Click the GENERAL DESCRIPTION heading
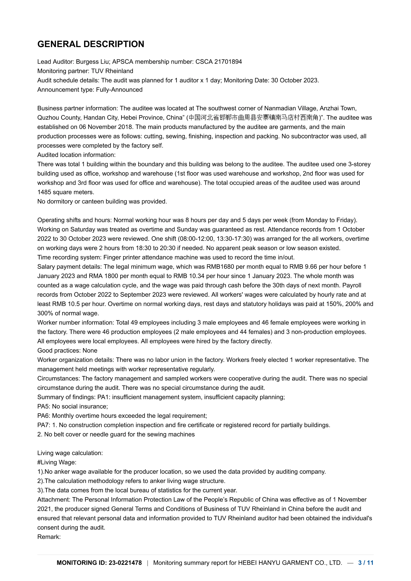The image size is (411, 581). (91, 44)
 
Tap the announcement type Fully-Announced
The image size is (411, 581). (119, 90)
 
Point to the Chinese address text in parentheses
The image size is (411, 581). (254, 118)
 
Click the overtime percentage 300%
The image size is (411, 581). (45, 313)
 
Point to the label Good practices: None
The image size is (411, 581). (67, 351)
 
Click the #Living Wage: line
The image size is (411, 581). (57, 462)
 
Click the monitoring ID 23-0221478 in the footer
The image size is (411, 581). (125, 563)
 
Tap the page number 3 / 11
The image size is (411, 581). (366, 563)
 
